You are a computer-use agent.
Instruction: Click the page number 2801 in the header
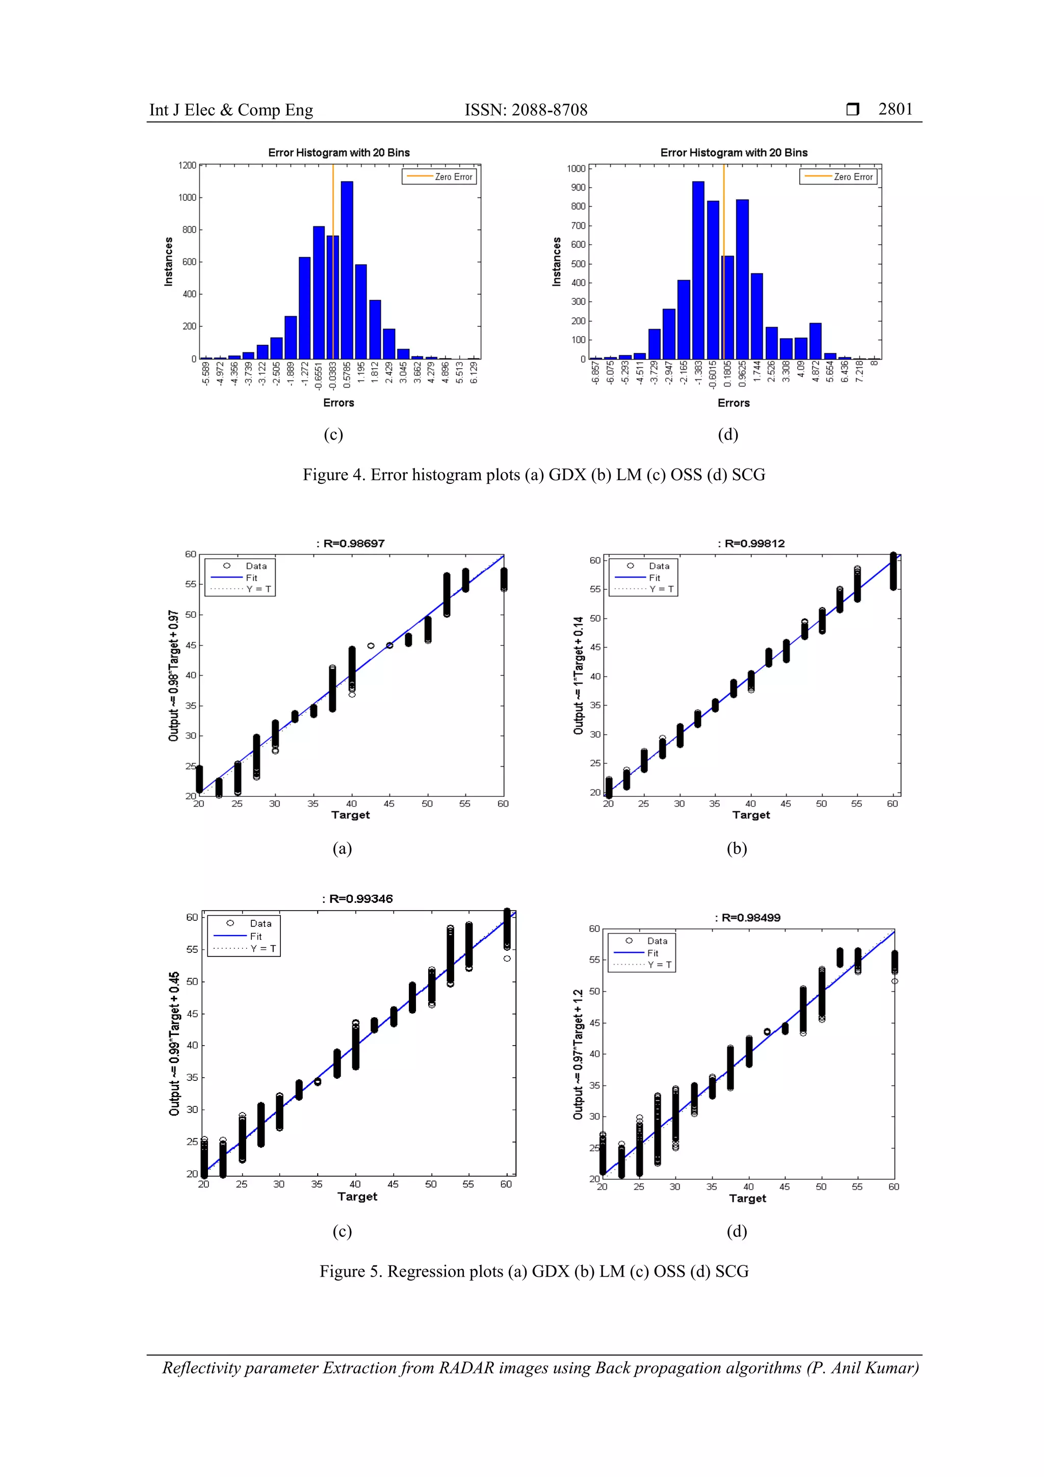click(896, 109)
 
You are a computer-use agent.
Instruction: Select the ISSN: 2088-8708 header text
click(526, 110)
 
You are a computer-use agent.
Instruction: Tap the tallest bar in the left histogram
click(347, 270)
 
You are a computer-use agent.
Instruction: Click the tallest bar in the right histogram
click(698, 270)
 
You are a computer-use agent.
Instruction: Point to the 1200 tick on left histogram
click(187, 165)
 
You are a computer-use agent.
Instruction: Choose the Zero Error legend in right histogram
click(838, 177)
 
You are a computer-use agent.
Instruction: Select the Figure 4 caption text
click(534, 475)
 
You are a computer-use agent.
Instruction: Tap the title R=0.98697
click(351, 543)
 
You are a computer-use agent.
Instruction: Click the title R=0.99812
click(751, 543)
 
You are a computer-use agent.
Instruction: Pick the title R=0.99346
click(358, 899)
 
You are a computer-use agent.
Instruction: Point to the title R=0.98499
click(748, 917)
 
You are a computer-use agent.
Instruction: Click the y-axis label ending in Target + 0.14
click(578, 676)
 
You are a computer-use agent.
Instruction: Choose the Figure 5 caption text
click(534, 1271)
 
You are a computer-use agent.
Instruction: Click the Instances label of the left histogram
click(169, 261)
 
